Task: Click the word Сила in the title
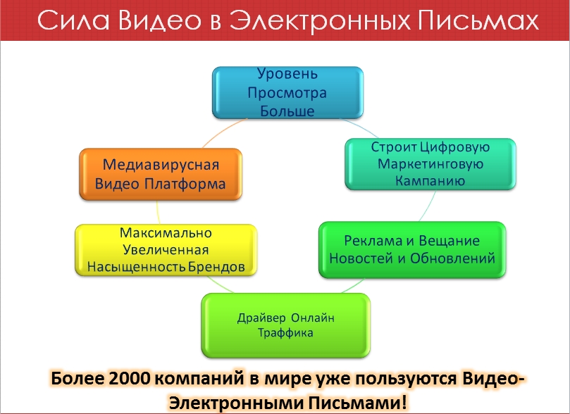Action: [x=73, y=20]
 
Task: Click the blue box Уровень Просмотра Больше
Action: [x=287, y=93]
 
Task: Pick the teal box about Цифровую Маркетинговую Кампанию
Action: [x=430, y=164]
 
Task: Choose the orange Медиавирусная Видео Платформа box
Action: [x=161, y=175]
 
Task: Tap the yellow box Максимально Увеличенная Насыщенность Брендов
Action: [x=166, y=250]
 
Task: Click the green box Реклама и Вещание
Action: [x=412, y=250]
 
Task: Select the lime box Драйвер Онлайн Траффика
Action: [x=286, y=325]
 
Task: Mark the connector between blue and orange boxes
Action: [x=223, y=131]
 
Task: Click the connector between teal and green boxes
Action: [x=428, y=206]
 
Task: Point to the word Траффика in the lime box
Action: [x=285, y=333]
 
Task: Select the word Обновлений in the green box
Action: [x=452, y=258]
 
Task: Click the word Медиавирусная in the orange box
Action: [x=161, y=165]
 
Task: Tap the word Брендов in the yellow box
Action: [x=216, y=267]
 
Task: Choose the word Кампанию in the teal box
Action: [x=430, y=180]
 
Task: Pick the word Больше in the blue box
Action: [x=287, y=111]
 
